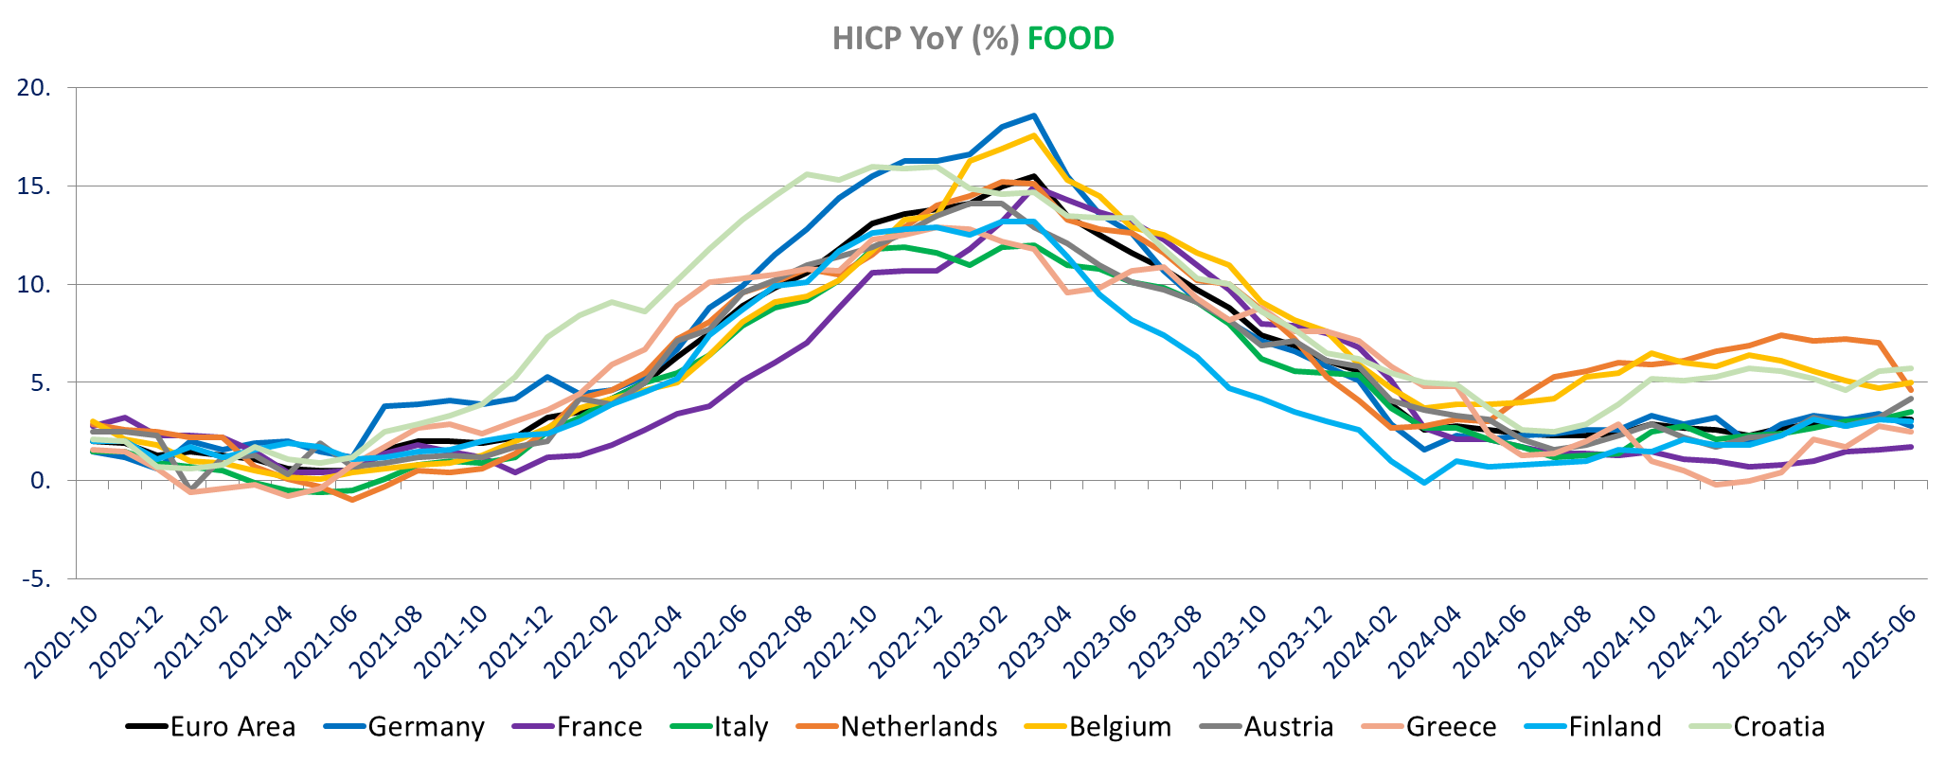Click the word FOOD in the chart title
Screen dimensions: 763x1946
pos(1070,39)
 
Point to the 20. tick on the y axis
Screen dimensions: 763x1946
pos(34,88)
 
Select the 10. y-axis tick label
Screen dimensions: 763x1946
pos(34,284)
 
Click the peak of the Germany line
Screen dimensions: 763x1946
pos(1034,115)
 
